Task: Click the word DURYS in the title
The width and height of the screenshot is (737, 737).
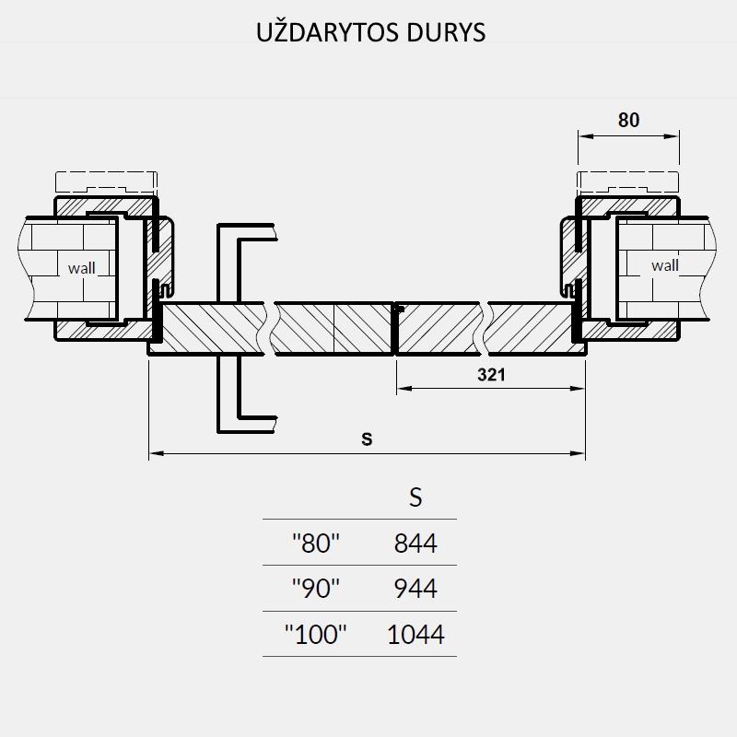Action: click(x=446, y=32)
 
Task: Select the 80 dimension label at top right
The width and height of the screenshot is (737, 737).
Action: click(x=628, y=121)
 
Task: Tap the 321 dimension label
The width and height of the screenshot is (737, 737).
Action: click(x=491, y=375)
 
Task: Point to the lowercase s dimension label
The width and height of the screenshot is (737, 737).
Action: click(x=367, y=439)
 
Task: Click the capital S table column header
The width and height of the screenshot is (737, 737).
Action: click(x=415, y=497)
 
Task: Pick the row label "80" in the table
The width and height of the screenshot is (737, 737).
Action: click(x=315, y=543)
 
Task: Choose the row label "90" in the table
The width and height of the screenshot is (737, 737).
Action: click(x=315, y=588)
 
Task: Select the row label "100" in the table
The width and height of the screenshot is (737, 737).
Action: click(x=315, y=634)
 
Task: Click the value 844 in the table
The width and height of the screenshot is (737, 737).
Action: click(x=415, y=543)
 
